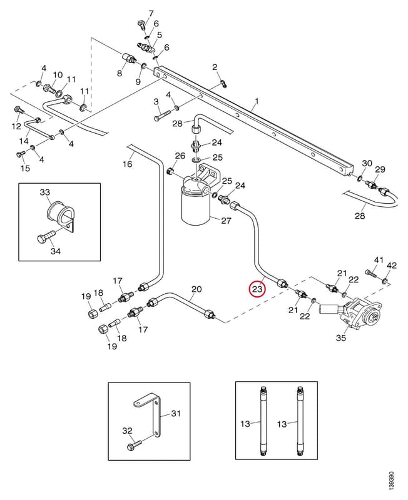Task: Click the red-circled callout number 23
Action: click(257, 289)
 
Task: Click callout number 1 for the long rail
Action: click(257, 101)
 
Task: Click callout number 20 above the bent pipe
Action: click(196, 289)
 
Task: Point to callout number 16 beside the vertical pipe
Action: click(128, 164)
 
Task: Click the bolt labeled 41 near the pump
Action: click(370, 272)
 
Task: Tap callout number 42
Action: click(391, 265)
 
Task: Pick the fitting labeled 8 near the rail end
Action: click(130, 59)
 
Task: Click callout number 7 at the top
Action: click(151, 14)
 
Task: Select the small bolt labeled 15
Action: click(21, 155)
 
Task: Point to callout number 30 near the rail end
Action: click(367, 163)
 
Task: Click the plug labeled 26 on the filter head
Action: click(170, 172)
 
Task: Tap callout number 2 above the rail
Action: click(215, 67)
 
